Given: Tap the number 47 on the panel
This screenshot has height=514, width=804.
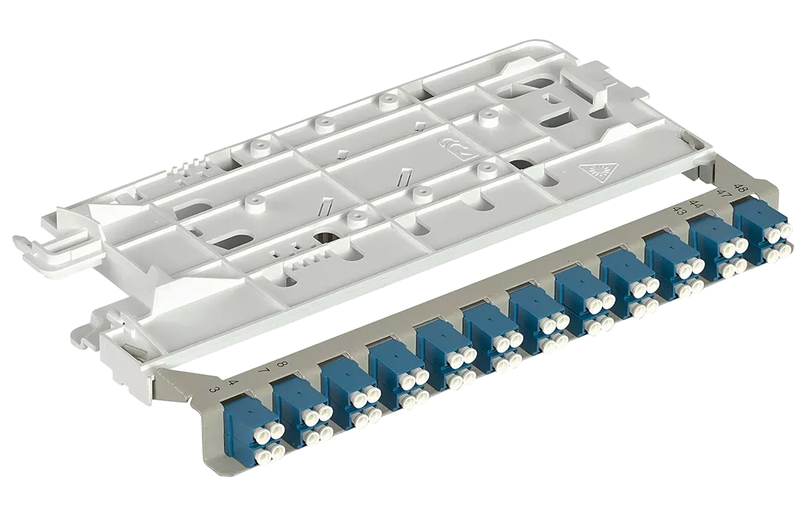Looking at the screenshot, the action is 725,195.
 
